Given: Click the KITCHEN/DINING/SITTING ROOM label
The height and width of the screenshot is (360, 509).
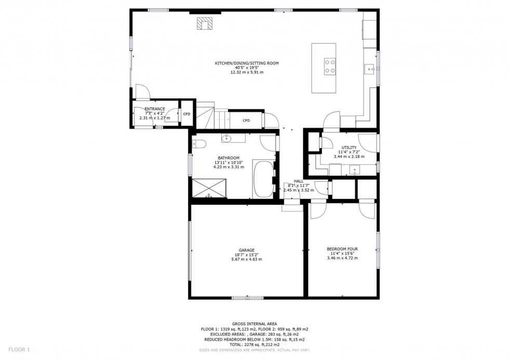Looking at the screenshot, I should point(247,63).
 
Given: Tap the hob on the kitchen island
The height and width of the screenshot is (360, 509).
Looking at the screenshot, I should point(330,67).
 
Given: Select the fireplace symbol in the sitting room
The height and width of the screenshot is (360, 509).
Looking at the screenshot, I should point(205,23).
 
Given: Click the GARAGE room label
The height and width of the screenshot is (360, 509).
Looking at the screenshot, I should point(247,250).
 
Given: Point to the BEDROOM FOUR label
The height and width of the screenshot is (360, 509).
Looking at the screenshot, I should point(342,249).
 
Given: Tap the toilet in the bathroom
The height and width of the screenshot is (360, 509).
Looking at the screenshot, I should point(199,144).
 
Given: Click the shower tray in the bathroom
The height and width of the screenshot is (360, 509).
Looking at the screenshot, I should point(210,187).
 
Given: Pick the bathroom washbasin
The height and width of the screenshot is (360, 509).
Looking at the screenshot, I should point(227,138).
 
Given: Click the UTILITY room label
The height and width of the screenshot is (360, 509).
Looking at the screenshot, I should point(349,148).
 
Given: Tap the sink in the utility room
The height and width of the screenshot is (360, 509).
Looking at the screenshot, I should point(355,169).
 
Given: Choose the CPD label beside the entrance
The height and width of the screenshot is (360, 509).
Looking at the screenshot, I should point(186,114).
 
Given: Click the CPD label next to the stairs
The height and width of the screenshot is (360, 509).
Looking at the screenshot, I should point(246,121).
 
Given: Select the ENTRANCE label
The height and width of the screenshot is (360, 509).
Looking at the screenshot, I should point(155,109).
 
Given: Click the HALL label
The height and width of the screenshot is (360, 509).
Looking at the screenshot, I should point(299,181).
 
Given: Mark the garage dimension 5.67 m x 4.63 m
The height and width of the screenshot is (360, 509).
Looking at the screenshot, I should point(247,259).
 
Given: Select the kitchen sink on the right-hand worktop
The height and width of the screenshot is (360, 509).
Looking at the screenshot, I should point(369,68).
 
